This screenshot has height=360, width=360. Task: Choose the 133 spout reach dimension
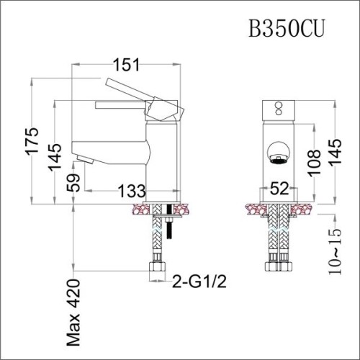click(130, 191)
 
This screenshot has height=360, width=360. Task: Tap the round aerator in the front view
click(277, 153)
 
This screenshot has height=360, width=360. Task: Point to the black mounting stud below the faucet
click(171, 223)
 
